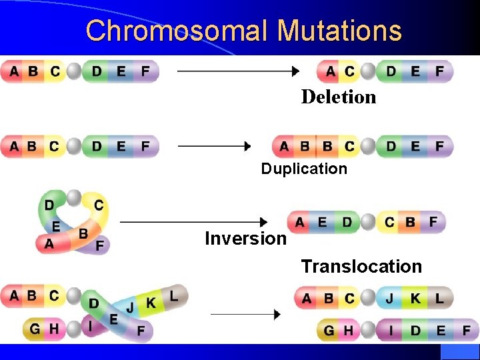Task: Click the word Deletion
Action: coord(339,97)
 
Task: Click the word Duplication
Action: coord(304,169)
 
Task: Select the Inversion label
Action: coord(245,239)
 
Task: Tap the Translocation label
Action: coord(361,267)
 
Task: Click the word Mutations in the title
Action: coord(339,31)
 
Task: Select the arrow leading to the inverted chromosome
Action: coord(194,221)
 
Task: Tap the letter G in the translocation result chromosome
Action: coord(329,330)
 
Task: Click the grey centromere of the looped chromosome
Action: coord(75,197)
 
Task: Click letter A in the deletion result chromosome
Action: coord(331,71)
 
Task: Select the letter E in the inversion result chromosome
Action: coord(323,222)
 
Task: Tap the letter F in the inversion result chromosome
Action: coord(433,221)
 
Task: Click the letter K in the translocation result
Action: coord(415,298)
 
